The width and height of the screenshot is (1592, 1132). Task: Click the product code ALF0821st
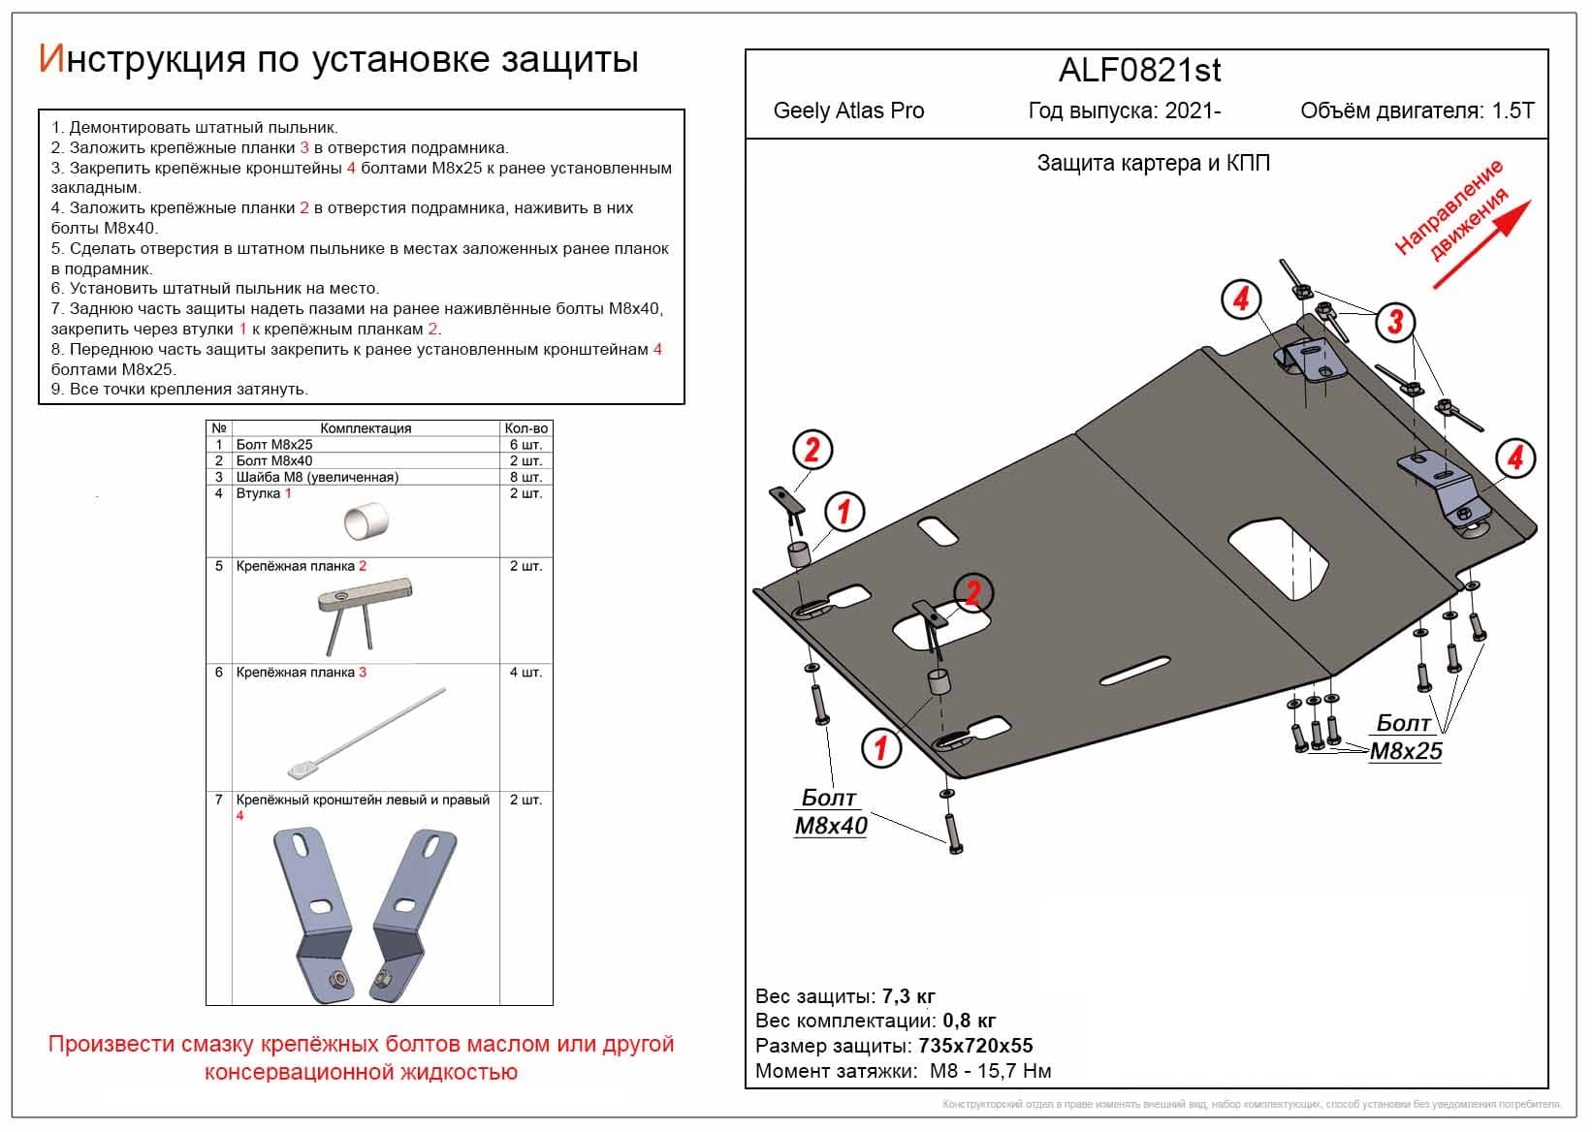(x=1139, y=70)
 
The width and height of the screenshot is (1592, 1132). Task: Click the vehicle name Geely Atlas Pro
(x=848, y=110)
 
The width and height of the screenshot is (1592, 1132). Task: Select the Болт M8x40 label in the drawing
(x=830, y=812)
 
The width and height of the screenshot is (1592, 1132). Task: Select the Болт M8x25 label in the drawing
(x=1405, y=738)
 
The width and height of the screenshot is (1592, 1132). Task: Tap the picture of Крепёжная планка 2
(x=366, y=613)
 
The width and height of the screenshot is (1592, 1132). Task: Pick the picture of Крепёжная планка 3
(x=366, y=735)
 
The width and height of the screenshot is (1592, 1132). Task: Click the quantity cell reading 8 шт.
(x=525, y=477)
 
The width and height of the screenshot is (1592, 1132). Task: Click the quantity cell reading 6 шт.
(x=525, y=445)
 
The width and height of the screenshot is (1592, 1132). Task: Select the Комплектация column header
(x=366, y=428)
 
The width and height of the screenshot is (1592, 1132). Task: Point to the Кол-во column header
(x=525, y=428)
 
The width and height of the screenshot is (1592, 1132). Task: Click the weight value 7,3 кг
(x=908, y=996)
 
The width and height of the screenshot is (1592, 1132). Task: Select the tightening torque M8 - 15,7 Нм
(x=990, y=1071)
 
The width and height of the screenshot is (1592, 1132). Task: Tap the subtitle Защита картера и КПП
(x=1153, y=163)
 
